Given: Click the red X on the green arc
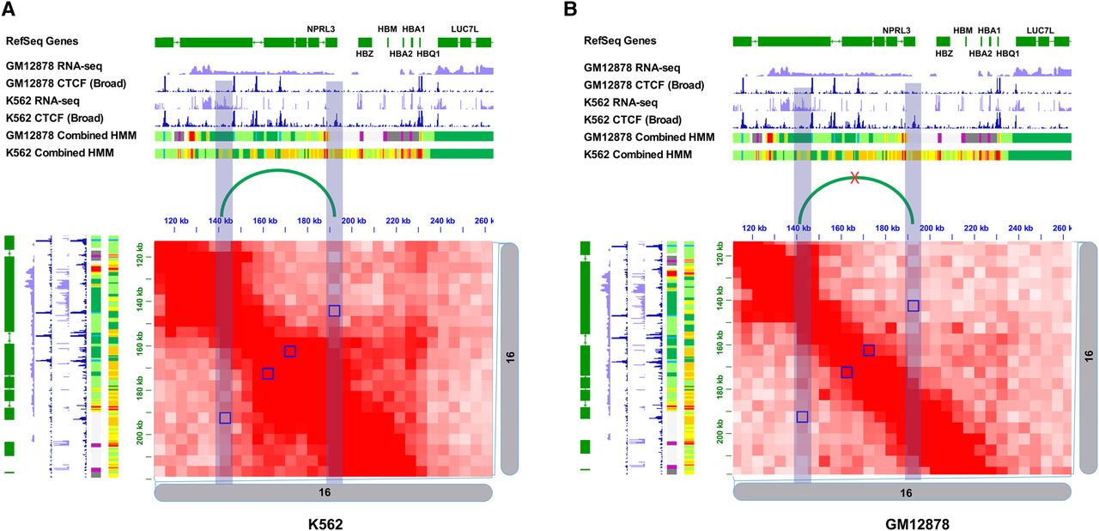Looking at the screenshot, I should tap(854, 178).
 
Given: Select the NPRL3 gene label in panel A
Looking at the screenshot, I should tap(321, 29).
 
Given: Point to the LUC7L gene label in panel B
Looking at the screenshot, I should tap(1041, 30).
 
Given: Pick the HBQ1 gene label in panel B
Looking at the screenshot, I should tap(1007, 53).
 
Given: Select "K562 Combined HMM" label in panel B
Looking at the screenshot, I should tap(638, 155).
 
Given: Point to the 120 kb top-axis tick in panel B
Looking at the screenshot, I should tap(753, 228).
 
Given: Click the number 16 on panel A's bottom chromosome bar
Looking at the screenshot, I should tap(324, 493).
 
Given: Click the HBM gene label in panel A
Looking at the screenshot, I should tap(387, 29).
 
